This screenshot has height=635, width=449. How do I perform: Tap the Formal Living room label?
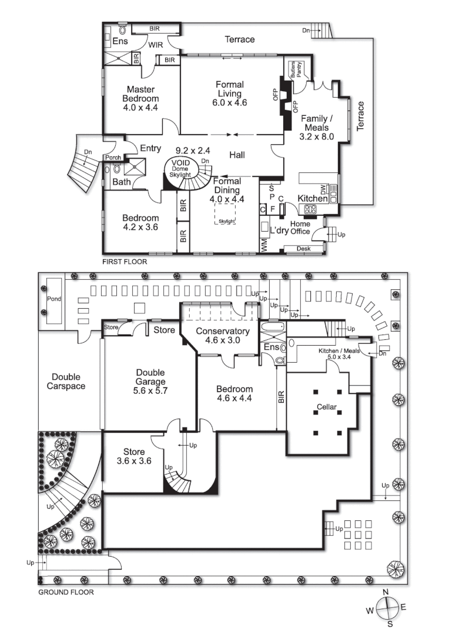coord(229,93)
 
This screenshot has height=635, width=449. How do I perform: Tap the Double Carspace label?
coord(68,382)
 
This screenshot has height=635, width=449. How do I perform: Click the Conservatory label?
coord(223,335)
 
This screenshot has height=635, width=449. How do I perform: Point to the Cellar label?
coord(327,407)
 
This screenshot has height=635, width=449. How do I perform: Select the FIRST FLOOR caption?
coord(125,262)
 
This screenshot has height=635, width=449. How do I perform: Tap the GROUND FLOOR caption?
coord(66,592)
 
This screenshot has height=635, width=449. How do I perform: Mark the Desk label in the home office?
coord(304,249)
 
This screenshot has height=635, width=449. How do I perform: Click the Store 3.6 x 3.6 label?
coord(134,456)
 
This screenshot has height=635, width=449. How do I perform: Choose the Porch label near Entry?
coord(113,158)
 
